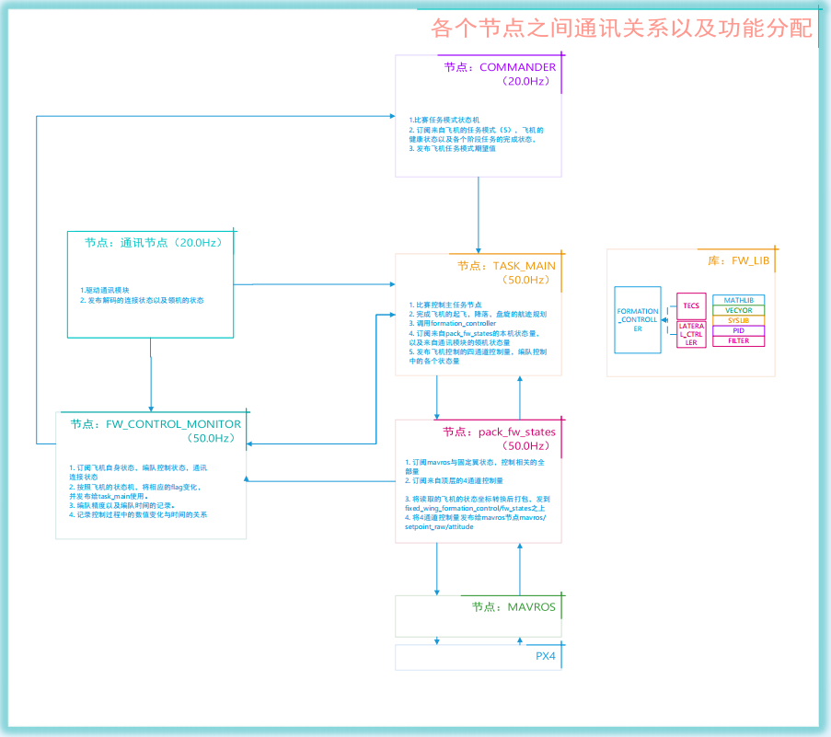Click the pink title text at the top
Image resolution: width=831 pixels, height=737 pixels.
pyautogui.click(x=622, y=28)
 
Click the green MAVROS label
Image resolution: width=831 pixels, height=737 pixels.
pyautogui.click(x=514, y=607)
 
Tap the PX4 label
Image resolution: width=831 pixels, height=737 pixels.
pyautogui.click(x=546, y=657)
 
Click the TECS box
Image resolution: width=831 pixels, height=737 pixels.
pyautogui.click(x=691, y=305)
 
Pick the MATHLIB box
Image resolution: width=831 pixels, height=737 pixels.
pyautogui.click(x=738, y=300)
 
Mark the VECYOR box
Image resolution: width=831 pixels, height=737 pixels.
pyautogui.click(x=738, y=310)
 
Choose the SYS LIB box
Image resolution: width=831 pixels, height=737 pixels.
pyautogui.click(x=738, y=320)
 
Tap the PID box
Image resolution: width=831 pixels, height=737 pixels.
pyautogui.click(x=738, y=330)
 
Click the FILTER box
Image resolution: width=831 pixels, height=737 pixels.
pyautogui.click(x=738, y=340)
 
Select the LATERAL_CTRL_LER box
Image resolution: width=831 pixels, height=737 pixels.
pyautogui.click(x=691, y=334)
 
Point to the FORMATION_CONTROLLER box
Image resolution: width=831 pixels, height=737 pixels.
pyautogui.click(x=637, y=319)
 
